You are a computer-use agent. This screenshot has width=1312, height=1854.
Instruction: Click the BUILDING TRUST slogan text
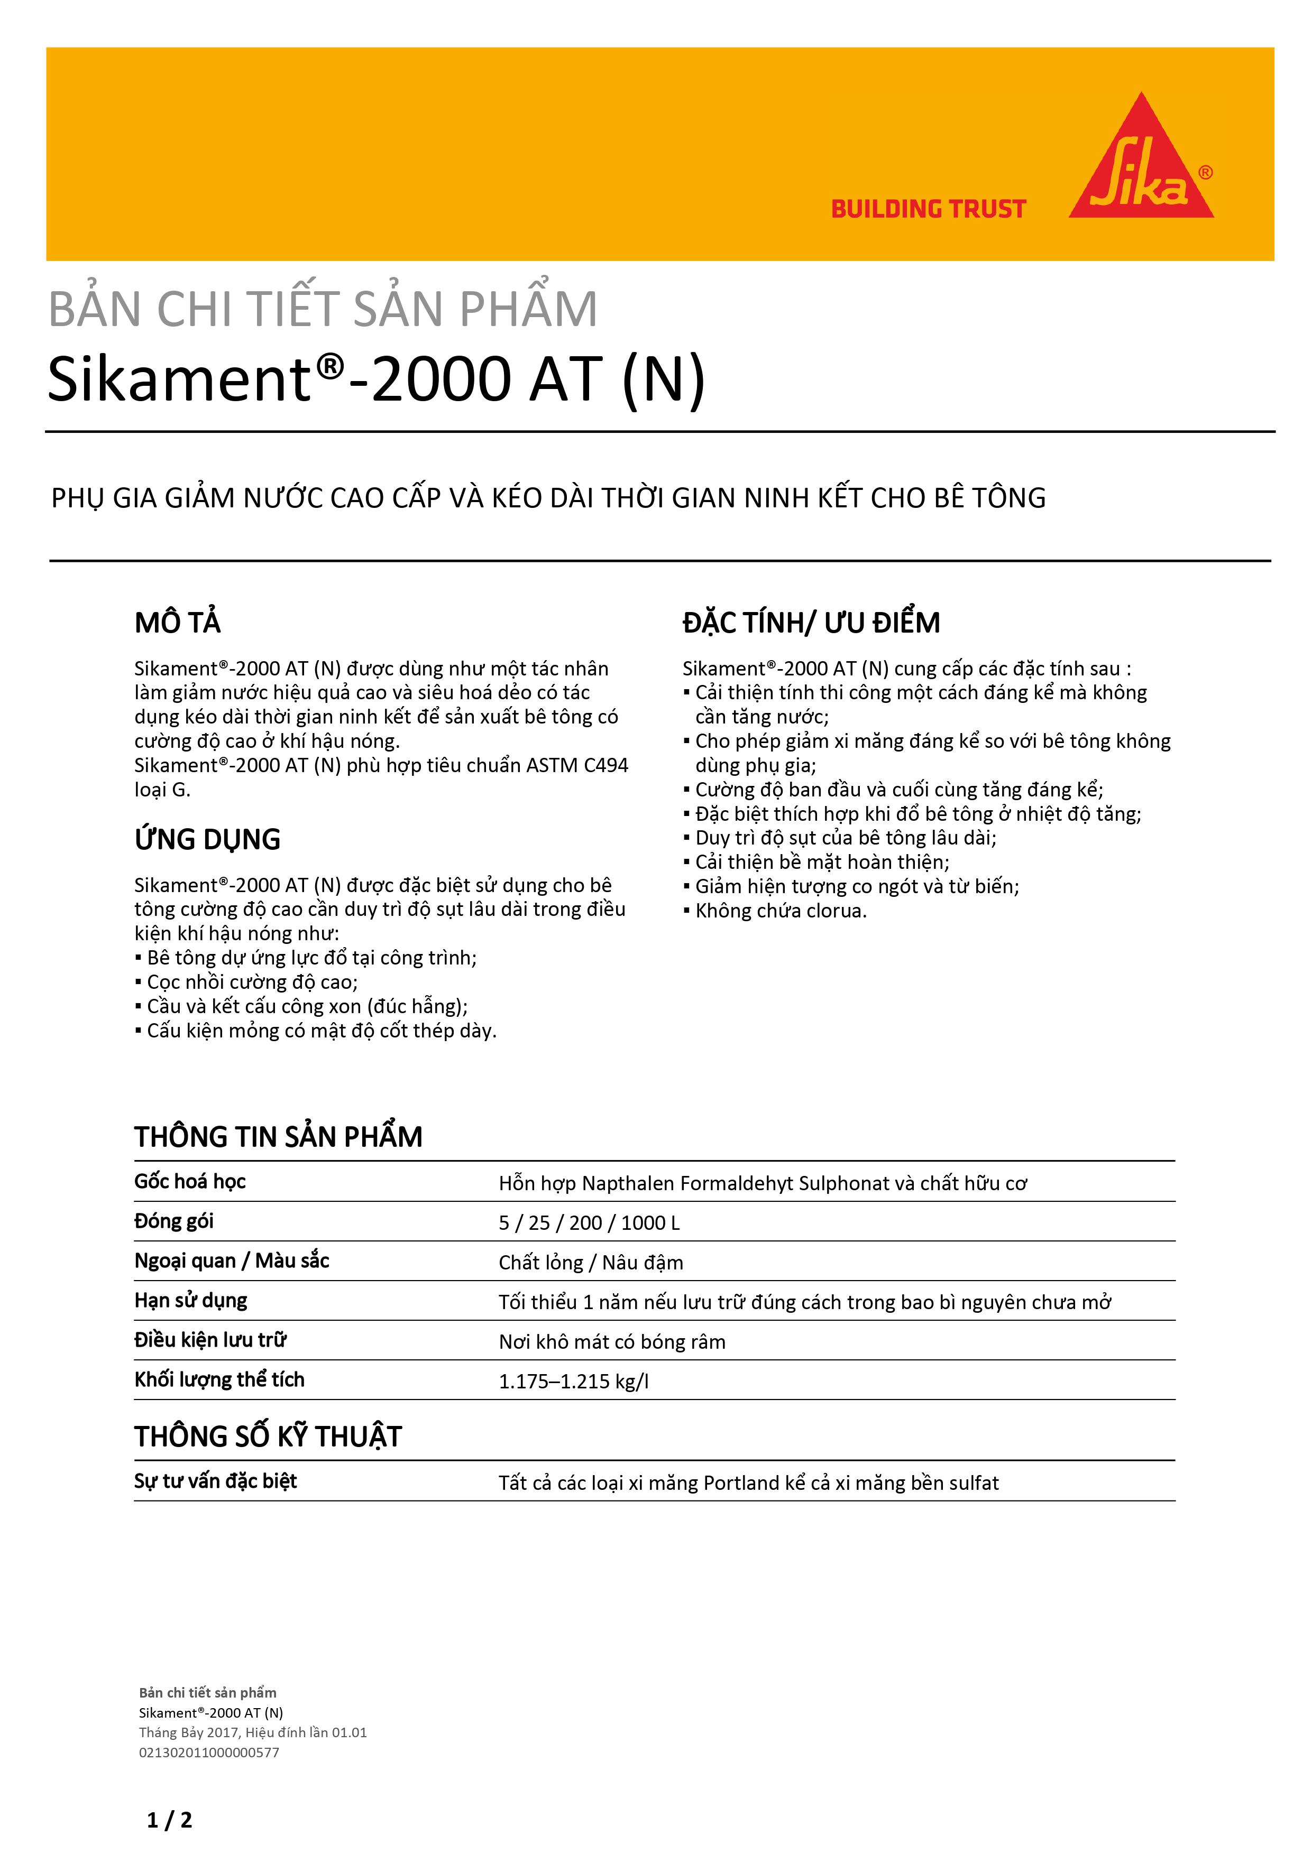pyautogui.click(x=928, y=209)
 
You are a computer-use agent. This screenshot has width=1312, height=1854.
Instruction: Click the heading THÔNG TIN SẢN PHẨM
pyautogui.click(x=278, y=1137)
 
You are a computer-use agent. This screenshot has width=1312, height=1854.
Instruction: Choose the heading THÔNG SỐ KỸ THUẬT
pyautogui.click(x=268, y=1436)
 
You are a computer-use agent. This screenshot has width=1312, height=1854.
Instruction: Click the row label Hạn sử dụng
pyautogui.click(x=191, y=1300)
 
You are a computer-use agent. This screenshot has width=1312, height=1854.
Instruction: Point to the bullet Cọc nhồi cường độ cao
pyautogui.click(x=252, y=982)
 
